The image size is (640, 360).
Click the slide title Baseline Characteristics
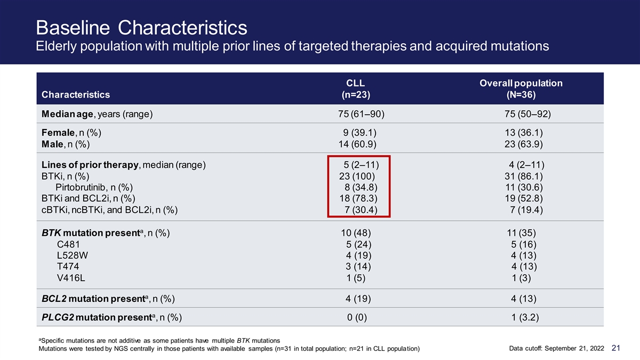tap(141, 28)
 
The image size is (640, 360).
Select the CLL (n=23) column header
tap(356, 89)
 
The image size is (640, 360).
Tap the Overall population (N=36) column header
tap(521, 89)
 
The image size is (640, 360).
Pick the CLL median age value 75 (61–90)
tap(361, 114)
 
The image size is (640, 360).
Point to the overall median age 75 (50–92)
tap(527, 114)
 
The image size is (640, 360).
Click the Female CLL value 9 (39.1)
tap(359, 133)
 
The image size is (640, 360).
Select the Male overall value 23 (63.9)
tap(523, 144)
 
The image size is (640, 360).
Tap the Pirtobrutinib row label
tap(94, 187)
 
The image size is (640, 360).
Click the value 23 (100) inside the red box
tap(357, 177)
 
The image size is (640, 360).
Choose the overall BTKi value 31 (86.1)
tap(523, 177)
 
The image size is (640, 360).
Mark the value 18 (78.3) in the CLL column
tap(358, 198)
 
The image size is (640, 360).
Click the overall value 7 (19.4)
tap(526, 210)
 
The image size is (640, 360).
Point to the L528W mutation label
tap(73, 255)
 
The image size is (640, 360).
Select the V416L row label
tap(71, 278)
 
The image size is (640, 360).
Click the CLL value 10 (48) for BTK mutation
tap(356, 233)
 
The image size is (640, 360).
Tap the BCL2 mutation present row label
tap(108, 299)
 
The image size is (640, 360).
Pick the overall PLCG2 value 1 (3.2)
tap(525, 317)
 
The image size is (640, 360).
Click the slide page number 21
tap(615, 348)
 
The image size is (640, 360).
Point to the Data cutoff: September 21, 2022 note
tap(557, 348)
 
